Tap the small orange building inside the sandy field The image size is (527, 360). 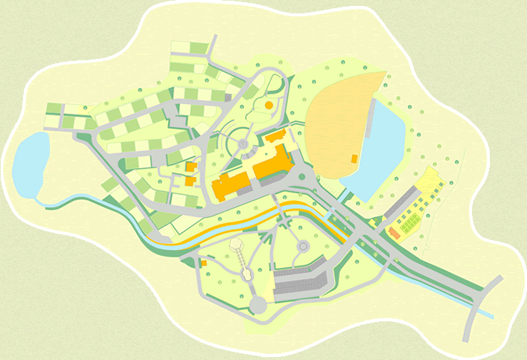click(x=354, y=158)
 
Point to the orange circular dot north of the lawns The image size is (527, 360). click(x=268, y=106)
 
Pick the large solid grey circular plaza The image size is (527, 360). click(x=258, y=304)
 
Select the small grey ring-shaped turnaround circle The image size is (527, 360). click(x=303, y=245)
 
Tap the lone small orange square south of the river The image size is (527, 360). click(x=203, y=263)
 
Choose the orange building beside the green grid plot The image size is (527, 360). click(x=395, y=233)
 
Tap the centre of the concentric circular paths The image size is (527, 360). click(x=243, y=141)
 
